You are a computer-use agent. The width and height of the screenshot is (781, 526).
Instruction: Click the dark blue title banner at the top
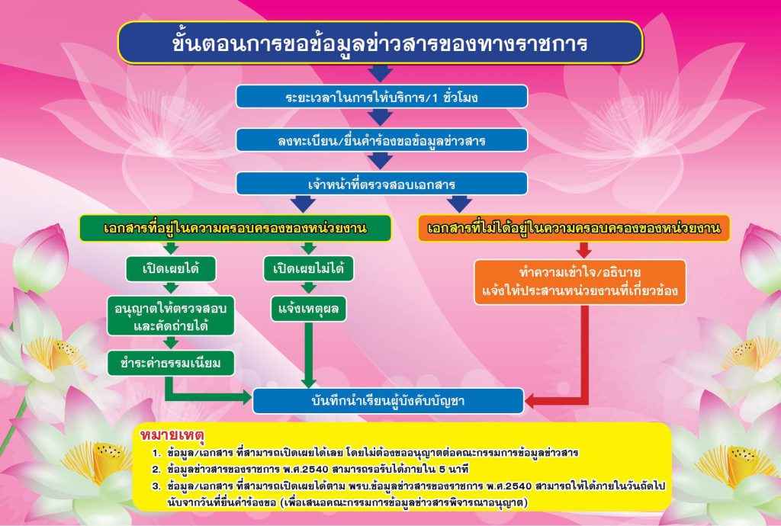coord(380,42)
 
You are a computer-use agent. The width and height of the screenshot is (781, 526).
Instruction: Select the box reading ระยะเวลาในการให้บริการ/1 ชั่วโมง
coord(381,97)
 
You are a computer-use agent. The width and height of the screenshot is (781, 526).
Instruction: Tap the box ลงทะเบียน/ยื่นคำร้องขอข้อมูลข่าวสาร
coord(381,140)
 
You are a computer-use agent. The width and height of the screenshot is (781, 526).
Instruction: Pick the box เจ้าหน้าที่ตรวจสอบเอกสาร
coord(381,184)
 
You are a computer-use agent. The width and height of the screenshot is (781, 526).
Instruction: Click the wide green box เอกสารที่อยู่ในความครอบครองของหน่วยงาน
coord(236,228)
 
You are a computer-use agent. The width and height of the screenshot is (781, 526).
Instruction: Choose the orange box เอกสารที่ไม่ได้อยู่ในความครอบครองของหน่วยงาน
coord(574,228)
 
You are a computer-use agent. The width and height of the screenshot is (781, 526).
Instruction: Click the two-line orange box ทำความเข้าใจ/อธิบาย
coord(580,282)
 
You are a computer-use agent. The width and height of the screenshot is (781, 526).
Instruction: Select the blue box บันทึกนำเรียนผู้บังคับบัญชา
coord(388,400)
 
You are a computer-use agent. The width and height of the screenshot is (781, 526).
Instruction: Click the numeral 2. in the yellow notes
coord(156,468)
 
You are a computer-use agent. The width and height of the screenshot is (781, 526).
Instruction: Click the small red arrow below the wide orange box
coord(584,250)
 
